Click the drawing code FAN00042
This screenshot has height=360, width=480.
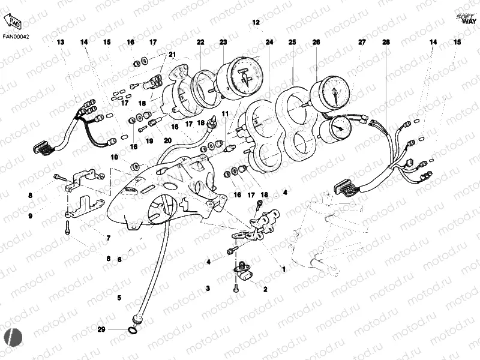(16, 35)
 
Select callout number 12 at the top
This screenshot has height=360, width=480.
(256, 22)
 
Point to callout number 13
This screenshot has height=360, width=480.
(60, 42)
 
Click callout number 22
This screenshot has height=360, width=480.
(200, 42)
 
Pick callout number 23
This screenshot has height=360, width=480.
(223, 42)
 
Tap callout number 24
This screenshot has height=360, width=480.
(269, 42)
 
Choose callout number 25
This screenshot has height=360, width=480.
(292, 42)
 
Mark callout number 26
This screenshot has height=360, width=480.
(316, 42)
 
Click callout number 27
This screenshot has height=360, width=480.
(362, 42)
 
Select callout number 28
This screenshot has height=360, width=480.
(386, 42)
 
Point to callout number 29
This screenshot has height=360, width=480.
(101, 329)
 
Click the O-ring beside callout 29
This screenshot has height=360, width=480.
(132, 329)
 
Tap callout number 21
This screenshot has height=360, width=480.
(172, 55)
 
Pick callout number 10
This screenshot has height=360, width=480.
(114, 157)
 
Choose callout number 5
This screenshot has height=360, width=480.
(119, 298)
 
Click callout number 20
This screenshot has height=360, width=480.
(169, 140)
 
